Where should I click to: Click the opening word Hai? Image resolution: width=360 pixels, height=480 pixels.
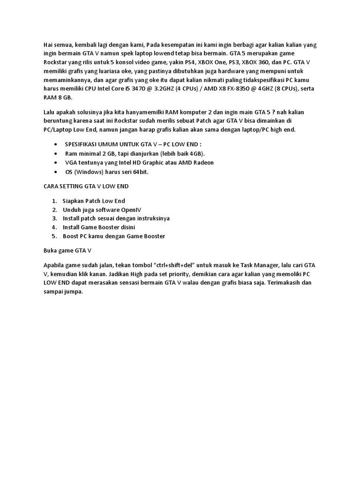[48, 45]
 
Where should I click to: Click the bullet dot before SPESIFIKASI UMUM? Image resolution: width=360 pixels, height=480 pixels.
[57, 144]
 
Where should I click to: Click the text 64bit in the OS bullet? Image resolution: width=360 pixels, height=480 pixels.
[140, 172]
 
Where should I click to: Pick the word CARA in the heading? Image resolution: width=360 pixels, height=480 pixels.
[50, 186]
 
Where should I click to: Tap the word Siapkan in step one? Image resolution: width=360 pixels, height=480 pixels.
[74, 201]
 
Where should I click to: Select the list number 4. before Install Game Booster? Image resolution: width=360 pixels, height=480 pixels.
[54, 227]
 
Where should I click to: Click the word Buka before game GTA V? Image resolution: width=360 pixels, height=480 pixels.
[50, 250]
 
